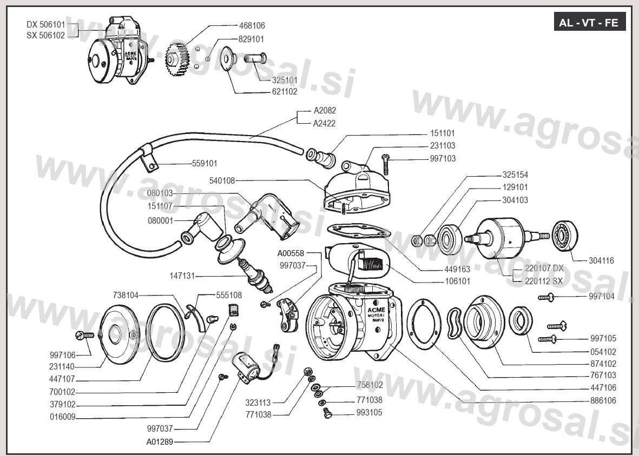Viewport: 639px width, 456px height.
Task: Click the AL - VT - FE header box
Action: point(590,23)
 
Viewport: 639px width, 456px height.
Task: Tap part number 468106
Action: point(252,25)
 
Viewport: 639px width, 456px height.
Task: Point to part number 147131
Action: point(182,276)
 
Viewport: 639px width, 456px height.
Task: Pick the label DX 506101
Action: point(45,25)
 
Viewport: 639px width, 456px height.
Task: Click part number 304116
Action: point(601,260)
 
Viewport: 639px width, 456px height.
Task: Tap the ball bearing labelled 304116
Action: point(565,236)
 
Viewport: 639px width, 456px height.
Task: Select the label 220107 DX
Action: point(544,268)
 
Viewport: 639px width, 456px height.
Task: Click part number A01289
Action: point(160,441)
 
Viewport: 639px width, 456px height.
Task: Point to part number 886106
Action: point(603,400)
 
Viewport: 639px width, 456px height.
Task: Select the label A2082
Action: point(325,110)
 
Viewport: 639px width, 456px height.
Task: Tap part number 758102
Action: point(370,385)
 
